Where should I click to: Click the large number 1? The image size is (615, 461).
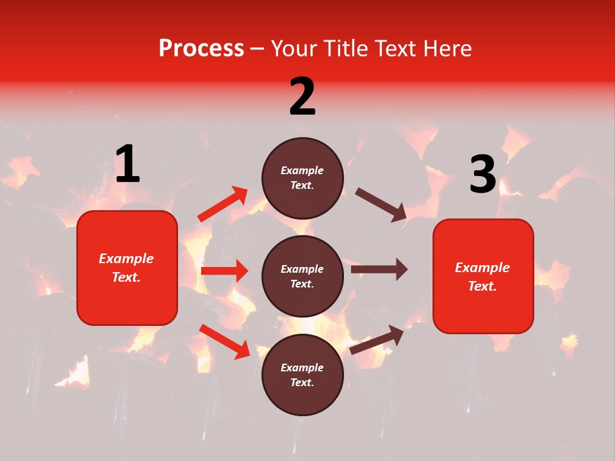coord(127,165)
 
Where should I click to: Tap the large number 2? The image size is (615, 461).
coord(302,97)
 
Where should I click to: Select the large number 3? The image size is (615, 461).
coord(482,175)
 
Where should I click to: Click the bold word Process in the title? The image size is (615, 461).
coord(201,48)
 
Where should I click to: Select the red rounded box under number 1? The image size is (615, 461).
coord(127,268)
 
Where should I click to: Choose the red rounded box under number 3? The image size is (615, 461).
coord(483,276)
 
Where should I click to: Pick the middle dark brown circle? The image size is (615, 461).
coord(302,276)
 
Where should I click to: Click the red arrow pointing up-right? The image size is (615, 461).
coord(223,204)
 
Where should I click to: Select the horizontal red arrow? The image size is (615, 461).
coord(224,271)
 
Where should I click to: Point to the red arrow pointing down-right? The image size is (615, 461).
coord(225,341)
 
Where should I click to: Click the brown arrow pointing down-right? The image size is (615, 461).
coord(381,204)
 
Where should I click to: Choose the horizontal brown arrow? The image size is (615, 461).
coord(379,270)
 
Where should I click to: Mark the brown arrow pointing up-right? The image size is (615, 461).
coord(377,339)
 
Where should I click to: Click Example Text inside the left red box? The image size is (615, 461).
coord(126,268)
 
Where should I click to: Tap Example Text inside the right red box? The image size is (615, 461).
coord(482,277)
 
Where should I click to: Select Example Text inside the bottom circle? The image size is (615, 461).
coord(302,375)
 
